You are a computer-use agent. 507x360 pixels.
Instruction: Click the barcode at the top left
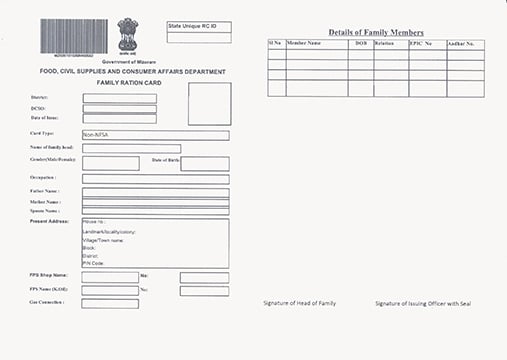coord(75,36)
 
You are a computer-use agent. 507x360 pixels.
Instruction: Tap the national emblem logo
coord(127,35)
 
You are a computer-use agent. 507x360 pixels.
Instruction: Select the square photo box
coord(209,103)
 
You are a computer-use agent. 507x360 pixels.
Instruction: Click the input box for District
coord(119,98)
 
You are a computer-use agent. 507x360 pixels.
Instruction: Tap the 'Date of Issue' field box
coord(119,118)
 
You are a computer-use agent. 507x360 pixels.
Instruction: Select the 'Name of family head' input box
coord(131,148)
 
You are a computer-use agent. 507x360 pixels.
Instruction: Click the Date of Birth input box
coord(205,163)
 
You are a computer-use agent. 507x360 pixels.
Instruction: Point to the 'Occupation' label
coord(42,177)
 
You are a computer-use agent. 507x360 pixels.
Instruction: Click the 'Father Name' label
coord(44,191)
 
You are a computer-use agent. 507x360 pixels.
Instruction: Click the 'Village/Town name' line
coord(104,240)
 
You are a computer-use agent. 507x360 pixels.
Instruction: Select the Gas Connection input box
coord(110,303)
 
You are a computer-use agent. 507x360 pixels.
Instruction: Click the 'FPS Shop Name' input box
coord(110,277)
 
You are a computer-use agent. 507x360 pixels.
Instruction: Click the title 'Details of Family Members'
coord(376,33)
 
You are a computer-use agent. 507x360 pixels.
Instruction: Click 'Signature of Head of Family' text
coord(300,303)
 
